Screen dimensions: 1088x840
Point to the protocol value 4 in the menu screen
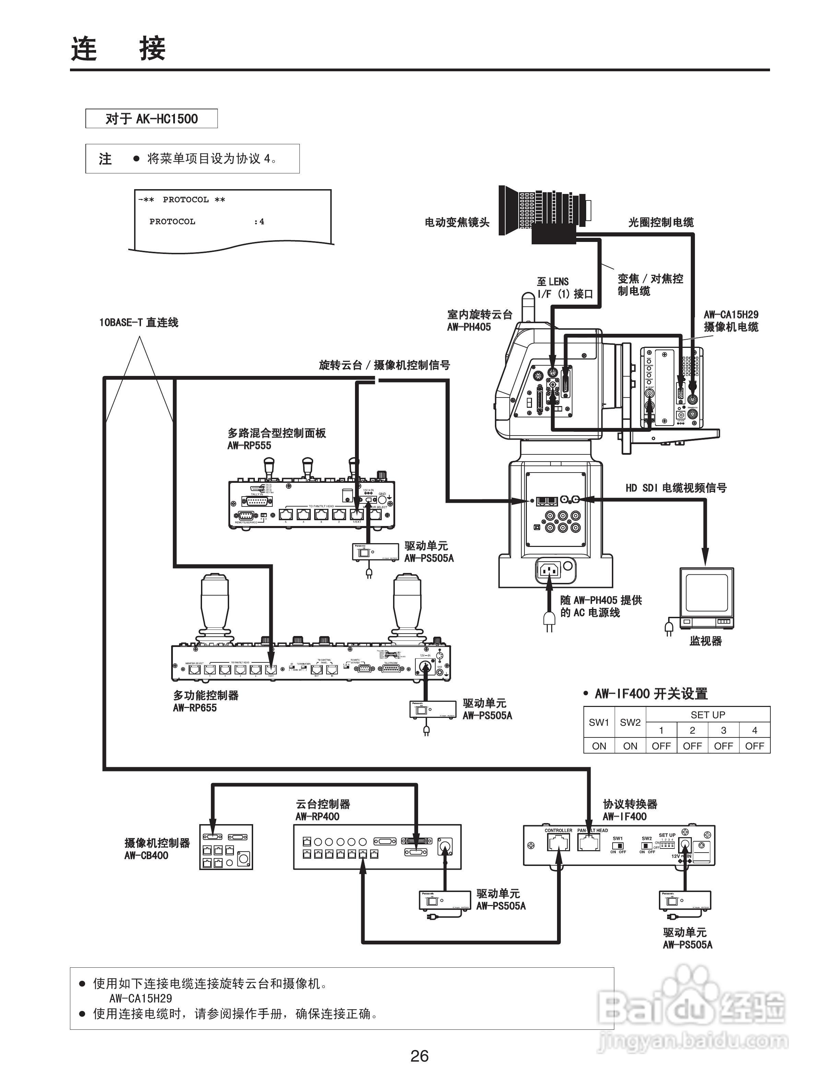[262, 222]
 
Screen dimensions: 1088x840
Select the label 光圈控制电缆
[661, 222]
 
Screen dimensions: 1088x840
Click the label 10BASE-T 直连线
[139, 322]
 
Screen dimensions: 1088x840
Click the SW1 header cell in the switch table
[599, 722]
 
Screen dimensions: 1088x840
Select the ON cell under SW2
[630, 746]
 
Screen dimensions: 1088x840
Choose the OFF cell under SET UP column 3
[723, 746]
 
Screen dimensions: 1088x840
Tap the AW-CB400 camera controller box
[226, 847]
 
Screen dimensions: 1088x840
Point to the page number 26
[419, 1056]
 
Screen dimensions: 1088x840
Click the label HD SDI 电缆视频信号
[676, 488]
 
